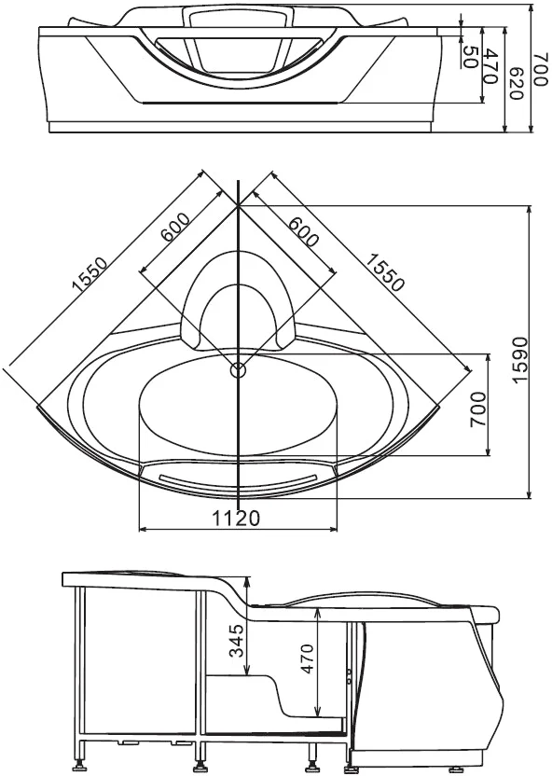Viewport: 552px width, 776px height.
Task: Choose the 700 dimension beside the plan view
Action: click(477, 406)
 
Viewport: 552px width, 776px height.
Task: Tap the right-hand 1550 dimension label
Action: click(384, 271)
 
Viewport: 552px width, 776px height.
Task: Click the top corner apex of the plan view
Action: click(239, 203)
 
